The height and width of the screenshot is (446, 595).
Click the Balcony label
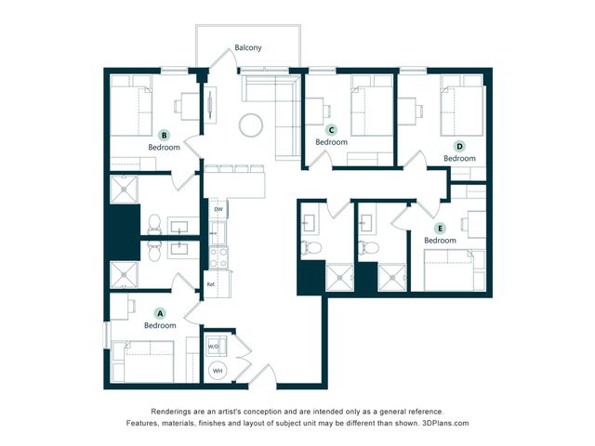[x=248, y=47]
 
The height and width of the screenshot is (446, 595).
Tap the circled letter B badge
[x=164, y=136]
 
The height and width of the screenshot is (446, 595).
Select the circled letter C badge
[x=331, y=130]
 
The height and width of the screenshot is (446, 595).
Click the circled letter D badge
[x=459, y=147]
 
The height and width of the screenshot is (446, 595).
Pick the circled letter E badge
[x=440, y=229]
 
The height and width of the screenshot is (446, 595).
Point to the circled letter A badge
[x=160, y=314]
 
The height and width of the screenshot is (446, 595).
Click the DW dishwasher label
[x=218, y=209]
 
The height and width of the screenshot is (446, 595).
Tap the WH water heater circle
[x=218, y=371]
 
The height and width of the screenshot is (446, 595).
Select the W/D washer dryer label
[x=213, y=347]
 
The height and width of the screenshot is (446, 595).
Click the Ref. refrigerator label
[x=211, y=284]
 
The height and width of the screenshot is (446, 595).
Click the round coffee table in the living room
[x=251, y=125]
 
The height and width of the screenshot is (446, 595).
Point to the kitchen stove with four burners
[x=218, y=257]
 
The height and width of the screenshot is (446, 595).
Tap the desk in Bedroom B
[x=188, y=107]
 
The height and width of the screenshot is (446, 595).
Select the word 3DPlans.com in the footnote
[x=445, y=423]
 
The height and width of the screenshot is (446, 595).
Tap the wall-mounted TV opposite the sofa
[x=210, y=105]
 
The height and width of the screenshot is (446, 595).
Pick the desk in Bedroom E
[x=474, y=224]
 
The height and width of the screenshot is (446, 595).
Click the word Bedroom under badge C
[x=331, y=142]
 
